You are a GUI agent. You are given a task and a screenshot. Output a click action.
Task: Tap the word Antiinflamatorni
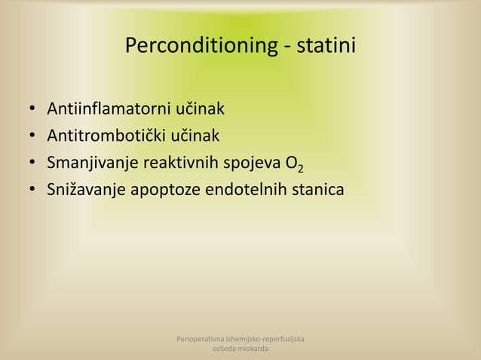pos(109,110)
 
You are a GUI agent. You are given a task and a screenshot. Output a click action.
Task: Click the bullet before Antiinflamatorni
pos(32,111)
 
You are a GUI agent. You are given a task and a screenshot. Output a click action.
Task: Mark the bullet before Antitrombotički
pos(32,137)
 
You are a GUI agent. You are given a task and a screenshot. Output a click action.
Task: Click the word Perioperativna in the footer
pos(200,340)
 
